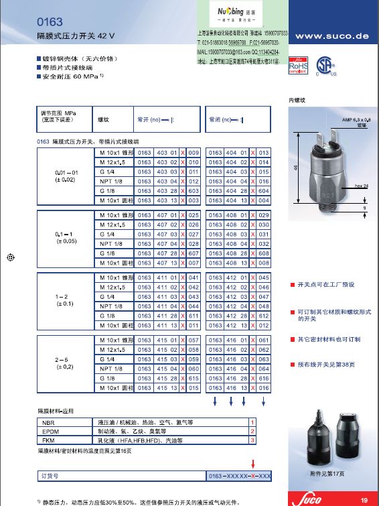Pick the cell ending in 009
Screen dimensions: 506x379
tap(194, 153)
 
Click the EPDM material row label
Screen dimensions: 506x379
tap(50, 431)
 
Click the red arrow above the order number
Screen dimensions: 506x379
tap(252, 463)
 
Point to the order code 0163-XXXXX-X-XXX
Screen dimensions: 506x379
tap(238, 476)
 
